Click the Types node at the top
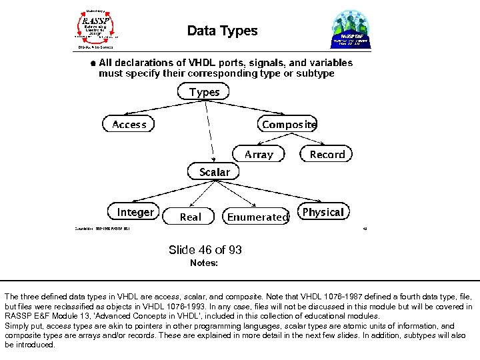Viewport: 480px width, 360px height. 204,92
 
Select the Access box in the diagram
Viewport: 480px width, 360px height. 129,124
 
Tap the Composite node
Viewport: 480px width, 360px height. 288,124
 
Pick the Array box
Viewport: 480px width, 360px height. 258,154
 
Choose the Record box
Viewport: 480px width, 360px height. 327,154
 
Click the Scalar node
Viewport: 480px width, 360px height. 214,172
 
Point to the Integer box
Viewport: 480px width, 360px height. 135,212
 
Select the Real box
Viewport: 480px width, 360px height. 190,217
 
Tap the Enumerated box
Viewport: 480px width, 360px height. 257,217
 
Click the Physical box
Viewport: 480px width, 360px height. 323,212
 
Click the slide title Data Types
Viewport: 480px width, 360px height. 222,31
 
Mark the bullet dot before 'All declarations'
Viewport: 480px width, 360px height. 93,63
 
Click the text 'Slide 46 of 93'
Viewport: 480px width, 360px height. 205,250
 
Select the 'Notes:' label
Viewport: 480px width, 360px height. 204,263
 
